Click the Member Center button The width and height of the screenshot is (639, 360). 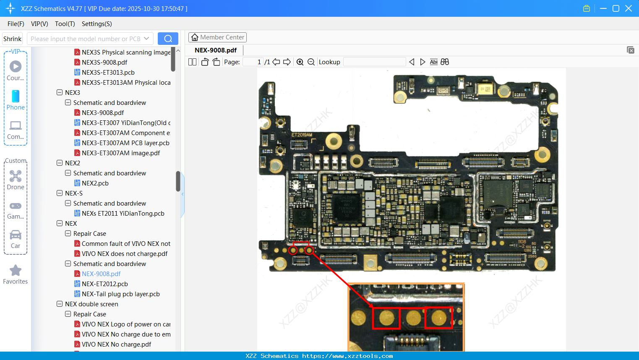click(x=217, y=37)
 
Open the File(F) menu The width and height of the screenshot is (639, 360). click(x=16, y=24)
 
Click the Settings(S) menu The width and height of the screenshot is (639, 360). click(x=97, y=24)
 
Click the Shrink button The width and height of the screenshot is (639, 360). click(x=12, y=39)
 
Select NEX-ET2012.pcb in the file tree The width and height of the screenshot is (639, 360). click(x=104, y=284)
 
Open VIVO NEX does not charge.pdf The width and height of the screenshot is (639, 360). click(x=124, y=254)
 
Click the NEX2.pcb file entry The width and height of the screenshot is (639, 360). click(x=95, y=183)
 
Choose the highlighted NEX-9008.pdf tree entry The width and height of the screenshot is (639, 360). click(x=101, y=274)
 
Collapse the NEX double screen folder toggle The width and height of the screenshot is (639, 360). click(x=60, y=304)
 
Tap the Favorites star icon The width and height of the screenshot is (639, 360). click(x=16, y=271)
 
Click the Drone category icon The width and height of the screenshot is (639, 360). click(x=16, y=176)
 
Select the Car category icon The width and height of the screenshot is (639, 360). click(x=16, y=235)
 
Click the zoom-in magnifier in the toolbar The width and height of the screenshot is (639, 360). click(x=300, y=62)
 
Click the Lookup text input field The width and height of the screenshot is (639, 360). click(x=374, y=62)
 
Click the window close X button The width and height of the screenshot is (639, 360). click(x=629, y=8)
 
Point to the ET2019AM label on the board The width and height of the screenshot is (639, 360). click(x=302, y=135)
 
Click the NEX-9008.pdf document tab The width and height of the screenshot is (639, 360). click(x=216, y=50)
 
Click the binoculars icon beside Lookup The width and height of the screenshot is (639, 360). click(x=445, y=62)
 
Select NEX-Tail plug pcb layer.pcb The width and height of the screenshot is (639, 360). click(x=120, y=294)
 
